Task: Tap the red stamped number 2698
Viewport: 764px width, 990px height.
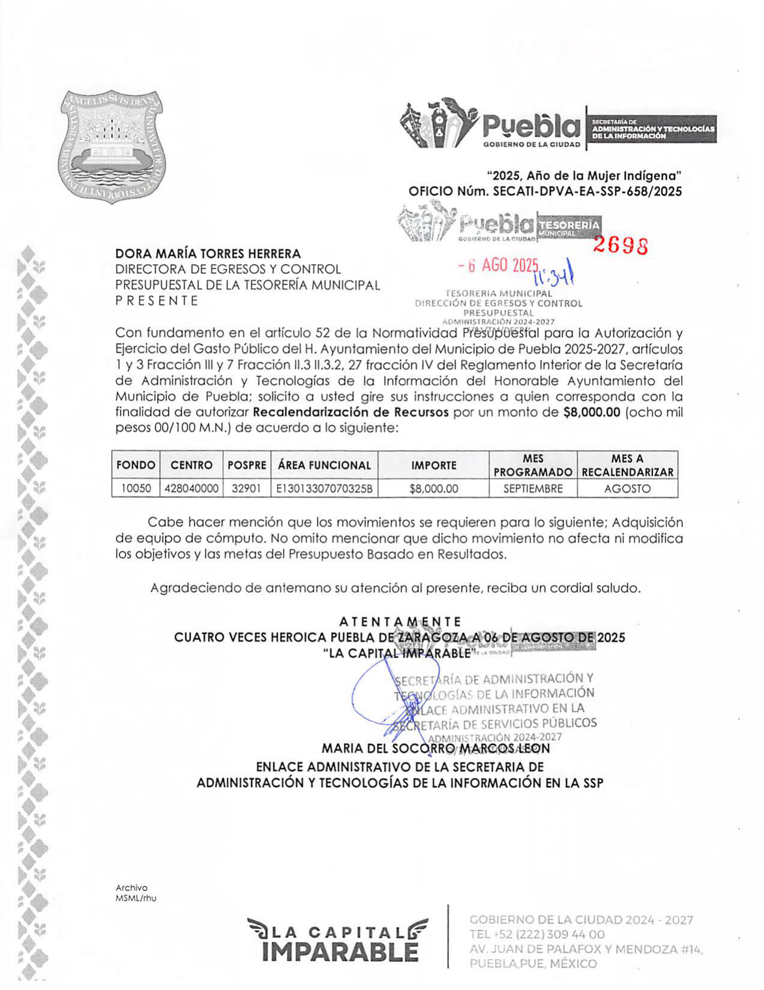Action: pos(621,245)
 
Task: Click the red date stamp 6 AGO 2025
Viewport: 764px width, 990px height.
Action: pos(498,266)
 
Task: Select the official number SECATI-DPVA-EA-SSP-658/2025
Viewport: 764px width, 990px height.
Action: pos(587,191)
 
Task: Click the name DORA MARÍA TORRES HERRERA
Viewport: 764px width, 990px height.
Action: pos(208,254)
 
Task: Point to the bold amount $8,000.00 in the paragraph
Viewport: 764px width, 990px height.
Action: pos(591,412)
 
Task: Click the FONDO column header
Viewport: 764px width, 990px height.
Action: pos(136,465)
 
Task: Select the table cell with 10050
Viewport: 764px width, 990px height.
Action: pos(136,488)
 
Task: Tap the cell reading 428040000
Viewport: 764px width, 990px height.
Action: pos(191,488)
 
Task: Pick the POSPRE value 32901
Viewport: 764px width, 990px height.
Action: pos(247,488)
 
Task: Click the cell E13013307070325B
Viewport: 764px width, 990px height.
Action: pos(324,488)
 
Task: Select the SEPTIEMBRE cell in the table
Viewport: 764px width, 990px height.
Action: pos(533,488)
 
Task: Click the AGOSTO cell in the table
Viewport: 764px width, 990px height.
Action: pos(627,488)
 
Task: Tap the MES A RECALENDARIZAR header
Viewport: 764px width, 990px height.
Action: pos(627,465)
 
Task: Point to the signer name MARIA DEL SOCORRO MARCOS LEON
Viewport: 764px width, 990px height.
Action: pos(436,748)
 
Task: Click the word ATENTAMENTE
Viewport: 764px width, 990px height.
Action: pos(400,621)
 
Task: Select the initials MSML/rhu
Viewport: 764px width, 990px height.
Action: pos(136,898)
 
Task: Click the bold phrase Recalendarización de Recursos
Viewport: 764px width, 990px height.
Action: pos(351,412)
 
